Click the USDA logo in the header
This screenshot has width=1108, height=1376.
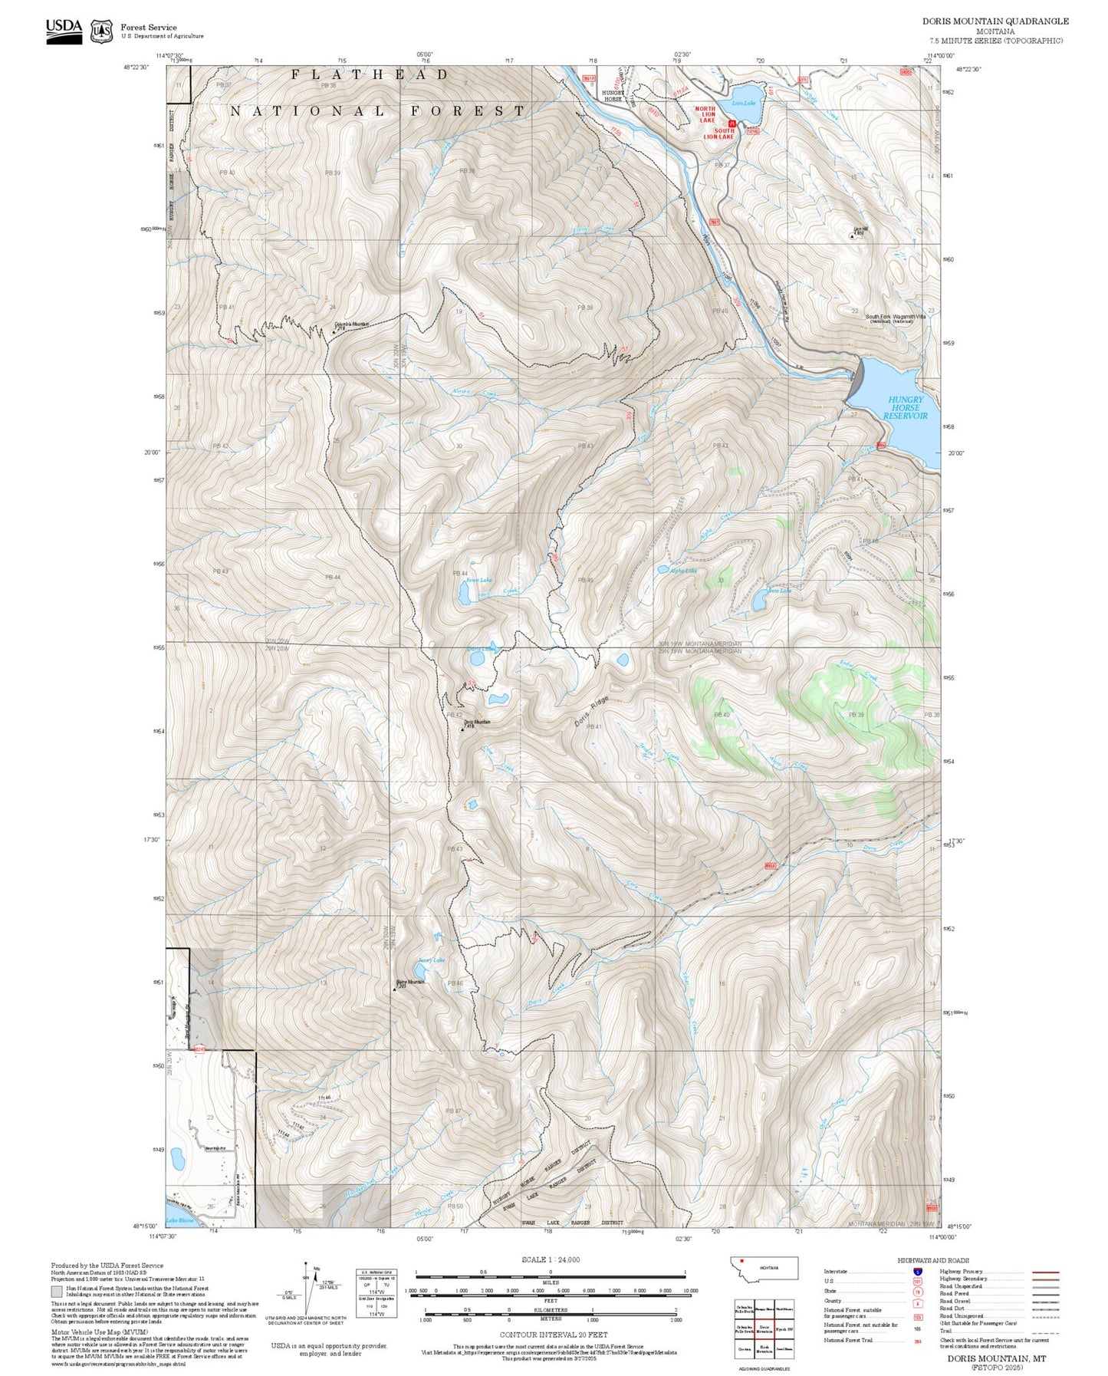tap(64, 31)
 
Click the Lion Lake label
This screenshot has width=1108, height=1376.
tap(743, 103)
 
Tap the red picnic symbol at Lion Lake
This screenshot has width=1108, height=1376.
tap(732, 123)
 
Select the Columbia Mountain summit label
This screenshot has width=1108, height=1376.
tap(350, 324)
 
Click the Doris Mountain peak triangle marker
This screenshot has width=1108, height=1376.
tap(462, 729)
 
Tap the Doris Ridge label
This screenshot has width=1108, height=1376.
tap(590, 711)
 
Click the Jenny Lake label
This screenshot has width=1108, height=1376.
tap(431, 960)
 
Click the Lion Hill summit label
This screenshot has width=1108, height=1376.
tap(860, 228)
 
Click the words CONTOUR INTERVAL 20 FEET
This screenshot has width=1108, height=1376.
tap(553, 1335)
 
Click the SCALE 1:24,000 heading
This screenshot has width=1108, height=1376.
tap(550, 1259)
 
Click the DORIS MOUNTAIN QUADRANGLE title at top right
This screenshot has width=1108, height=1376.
tap(995, 21)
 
